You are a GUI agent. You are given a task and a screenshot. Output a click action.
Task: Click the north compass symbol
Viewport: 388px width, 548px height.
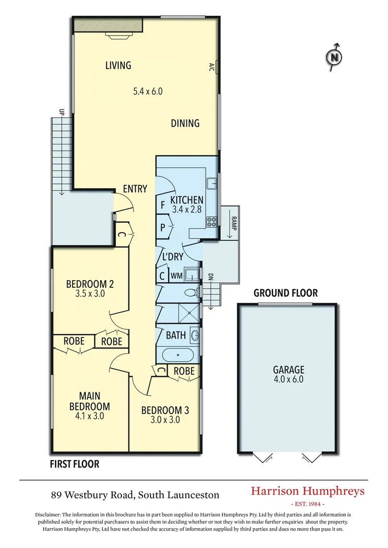[x=334, y=57]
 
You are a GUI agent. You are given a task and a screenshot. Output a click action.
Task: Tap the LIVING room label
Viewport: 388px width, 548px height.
[x=118, y=65]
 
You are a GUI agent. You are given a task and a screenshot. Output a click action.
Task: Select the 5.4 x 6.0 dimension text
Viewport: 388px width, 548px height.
[x=147, y=92]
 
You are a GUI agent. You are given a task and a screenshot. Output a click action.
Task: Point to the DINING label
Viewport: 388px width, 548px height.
[x=185, y=123]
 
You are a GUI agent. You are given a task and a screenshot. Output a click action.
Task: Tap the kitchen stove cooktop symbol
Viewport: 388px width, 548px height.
[x=212, y=221]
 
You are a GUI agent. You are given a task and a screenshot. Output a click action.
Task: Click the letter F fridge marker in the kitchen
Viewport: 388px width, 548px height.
[x=163, y=206]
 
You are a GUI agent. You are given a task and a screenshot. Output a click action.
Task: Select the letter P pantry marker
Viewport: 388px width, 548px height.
[x=163, y=228]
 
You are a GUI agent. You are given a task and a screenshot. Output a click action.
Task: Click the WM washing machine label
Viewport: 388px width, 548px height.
[x=176, y=276]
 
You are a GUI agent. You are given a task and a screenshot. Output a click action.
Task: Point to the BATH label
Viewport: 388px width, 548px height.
[x=176, y=335]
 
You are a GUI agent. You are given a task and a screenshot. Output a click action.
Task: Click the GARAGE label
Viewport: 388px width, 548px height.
[x=288, y=369]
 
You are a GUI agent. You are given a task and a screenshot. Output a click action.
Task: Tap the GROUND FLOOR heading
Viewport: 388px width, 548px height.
[x=285, y=293]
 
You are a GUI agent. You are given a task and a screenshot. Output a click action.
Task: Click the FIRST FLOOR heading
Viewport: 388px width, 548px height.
[x=74, y=464]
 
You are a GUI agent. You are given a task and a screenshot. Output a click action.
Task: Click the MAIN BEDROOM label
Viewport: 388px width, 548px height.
[x=89, y=401]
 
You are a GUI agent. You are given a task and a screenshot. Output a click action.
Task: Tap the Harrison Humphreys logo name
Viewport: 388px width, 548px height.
[x=308, y=491]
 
